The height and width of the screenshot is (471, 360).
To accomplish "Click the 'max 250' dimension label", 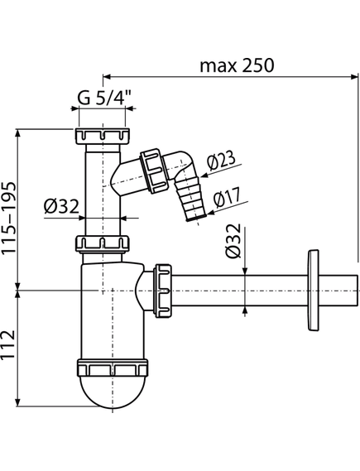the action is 237,65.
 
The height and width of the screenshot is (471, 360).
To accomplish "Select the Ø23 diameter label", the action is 222,161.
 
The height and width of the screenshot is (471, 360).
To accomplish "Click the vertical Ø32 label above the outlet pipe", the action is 233,241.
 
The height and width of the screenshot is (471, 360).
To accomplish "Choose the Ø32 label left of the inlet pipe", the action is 61,207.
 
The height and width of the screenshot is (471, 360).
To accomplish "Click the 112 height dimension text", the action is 8,344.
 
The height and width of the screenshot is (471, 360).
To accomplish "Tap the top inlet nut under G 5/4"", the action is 103,136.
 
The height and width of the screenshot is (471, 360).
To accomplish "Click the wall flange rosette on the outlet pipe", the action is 314,291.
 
